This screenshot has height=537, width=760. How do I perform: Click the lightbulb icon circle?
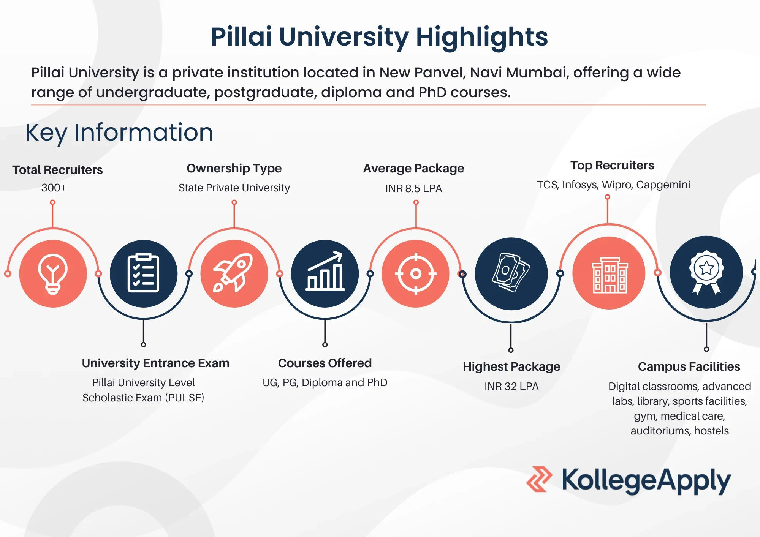coord(53,273)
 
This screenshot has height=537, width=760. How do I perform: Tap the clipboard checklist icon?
coord(143,273)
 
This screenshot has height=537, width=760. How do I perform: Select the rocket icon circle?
coord(234,273)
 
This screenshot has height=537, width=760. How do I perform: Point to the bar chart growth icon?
coord(325,271)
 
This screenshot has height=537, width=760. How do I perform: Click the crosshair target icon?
coord(416,273)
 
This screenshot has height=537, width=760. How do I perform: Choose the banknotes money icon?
coord(511,273)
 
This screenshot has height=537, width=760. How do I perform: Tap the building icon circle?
coord(609,273)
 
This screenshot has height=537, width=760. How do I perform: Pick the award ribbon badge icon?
coord(706,272)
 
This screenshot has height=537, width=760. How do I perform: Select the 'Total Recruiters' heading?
coord(57,170)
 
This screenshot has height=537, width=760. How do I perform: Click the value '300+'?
coord(54,188)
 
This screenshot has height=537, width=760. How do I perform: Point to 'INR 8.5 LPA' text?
coord(413,188)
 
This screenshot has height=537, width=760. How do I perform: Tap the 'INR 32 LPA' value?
coord(511,386)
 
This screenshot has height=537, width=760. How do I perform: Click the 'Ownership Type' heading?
coord(234,168)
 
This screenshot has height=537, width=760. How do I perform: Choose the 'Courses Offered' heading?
coord(325,363)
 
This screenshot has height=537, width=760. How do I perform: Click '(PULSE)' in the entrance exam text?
coord(185,398)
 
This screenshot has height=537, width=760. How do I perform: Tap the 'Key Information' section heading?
coord(119,132)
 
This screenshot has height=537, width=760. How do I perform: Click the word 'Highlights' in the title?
coord(482,37)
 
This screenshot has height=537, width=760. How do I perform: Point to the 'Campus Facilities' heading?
coord(689,366)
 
